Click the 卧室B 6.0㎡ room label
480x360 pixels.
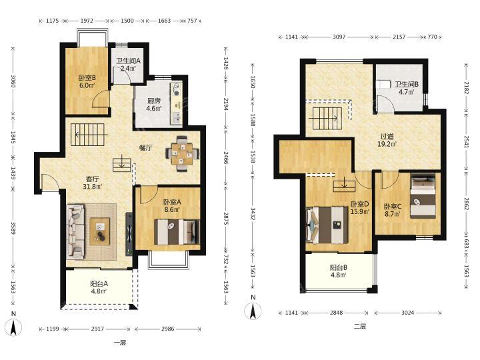coord(87,81)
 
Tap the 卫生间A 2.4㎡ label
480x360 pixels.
coord(128,65)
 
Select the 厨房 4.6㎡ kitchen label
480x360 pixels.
coord(154,105)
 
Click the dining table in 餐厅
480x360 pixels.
coord(183,153)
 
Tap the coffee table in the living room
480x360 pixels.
coord(100,231)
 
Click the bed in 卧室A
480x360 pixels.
coord(177,232)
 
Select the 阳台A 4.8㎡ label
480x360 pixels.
coord(99,287)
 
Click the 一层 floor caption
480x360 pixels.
coord(120,343)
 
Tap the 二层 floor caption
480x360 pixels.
coord(360,326)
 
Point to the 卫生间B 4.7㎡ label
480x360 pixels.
coord(407,88)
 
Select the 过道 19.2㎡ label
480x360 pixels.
coord(387,140)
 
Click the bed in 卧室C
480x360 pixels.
coord(423,196)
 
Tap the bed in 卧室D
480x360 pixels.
coord(327,225)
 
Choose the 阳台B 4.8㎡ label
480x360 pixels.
coord(338,271)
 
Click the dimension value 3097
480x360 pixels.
coord(339,37)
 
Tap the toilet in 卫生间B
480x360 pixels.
coord(383,84)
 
